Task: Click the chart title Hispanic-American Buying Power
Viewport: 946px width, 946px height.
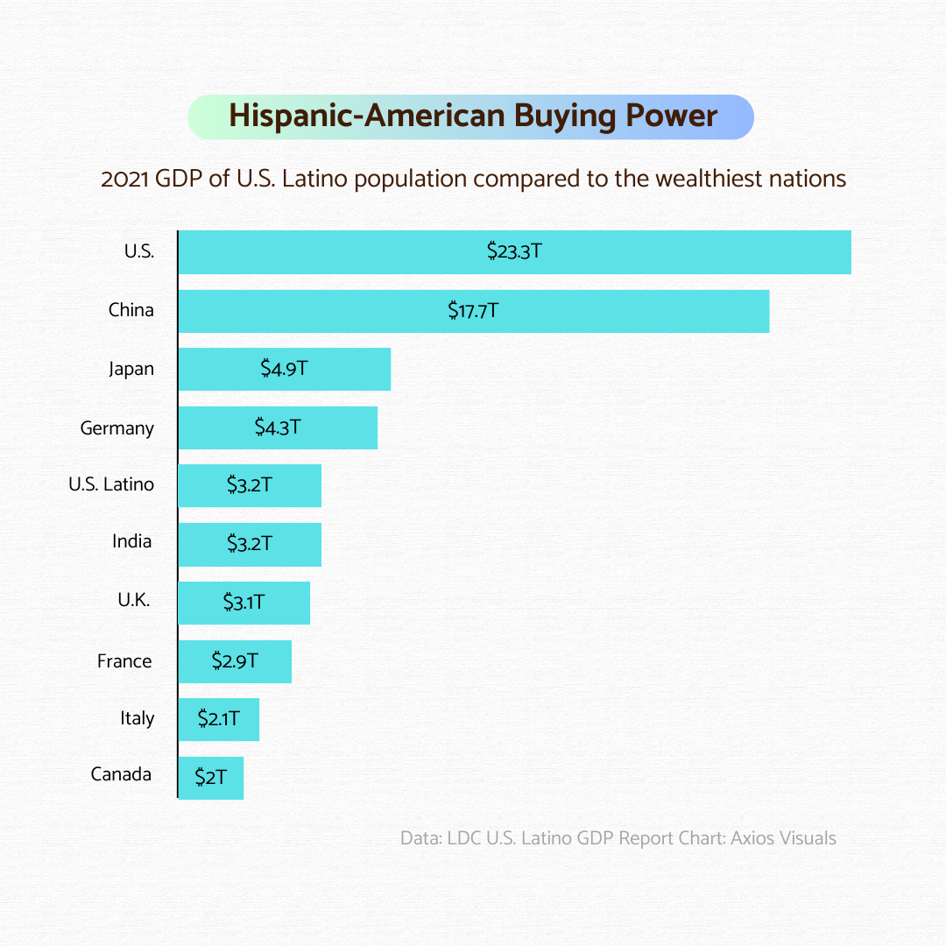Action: pos(472,116)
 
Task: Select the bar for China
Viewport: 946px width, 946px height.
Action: pos(473,311)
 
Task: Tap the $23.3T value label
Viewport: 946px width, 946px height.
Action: pos(514,251)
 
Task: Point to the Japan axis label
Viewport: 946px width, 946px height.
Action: pos(131,369)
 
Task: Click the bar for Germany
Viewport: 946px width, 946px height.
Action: pos(278,427)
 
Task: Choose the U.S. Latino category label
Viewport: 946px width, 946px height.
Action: pos(111,484)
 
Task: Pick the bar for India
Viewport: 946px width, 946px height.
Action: pos(250,544)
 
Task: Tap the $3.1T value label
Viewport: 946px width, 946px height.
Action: pos(244,602)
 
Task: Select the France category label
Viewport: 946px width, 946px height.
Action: pos(124,661)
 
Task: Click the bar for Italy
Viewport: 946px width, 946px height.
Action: pos(219,719)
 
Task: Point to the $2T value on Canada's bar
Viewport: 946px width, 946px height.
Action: pos(210,777)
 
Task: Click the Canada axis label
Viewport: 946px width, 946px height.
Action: pos(121,774)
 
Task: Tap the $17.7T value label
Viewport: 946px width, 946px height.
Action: pos(473,310)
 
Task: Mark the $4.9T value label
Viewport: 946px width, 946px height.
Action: pos(284,369)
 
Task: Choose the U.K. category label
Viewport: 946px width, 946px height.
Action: pos(134,601)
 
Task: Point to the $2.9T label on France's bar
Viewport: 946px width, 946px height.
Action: pos(235,660)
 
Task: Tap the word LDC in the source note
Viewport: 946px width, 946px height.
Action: pos(463,838)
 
